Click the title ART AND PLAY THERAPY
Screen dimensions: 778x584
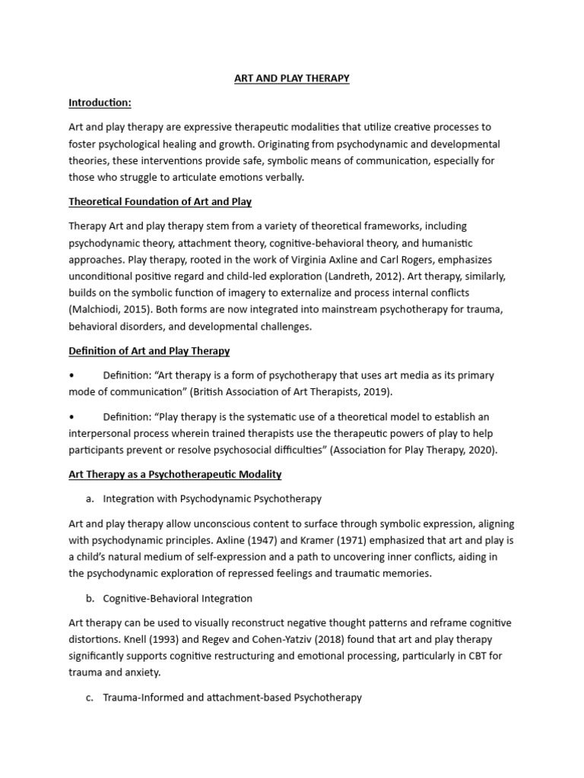pyautogui.click(x=291, y=78)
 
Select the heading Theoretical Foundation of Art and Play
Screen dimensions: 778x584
pyautogui.click(x=160, y=201)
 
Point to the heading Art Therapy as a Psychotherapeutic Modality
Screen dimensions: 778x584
pyautogui.click(x=175, y=474)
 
